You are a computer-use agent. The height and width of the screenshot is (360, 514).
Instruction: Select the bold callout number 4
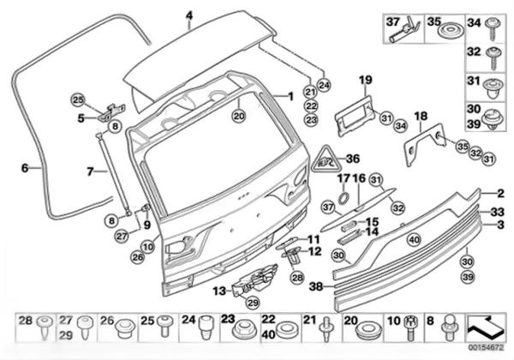pos(189,15)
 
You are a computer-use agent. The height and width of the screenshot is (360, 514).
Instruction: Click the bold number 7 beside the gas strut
pos(89,171)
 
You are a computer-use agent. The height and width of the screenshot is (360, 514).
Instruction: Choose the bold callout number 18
pos(420,115)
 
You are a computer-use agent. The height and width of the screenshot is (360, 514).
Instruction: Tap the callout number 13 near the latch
pos(219,291)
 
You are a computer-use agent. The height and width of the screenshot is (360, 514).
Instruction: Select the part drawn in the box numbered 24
pos(206,329)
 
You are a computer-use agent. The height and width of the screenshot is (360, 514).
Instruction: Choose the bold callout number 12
pos(314,252)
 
